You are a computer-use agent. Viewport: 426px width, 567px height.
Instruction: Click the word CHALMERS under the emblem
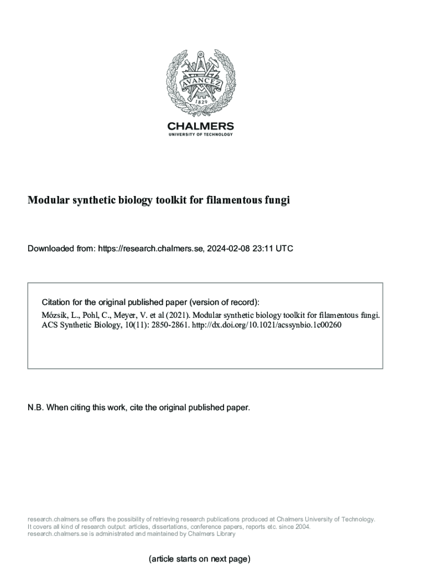click(x=200, y=126)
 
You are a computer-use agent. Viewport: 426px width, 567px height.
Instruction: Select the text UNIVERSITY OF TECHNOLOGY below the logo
click(x=200, y=135)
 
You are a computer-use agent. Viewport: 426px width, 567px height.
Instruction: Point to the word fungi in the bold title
click(x=277, y=200)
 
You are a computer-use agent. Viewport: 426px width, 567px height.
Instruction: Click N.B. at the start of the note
click(x=36, y=408)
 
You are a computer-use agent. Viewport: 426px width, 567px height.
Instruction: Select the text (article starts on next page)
click(x=200, y=559)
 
